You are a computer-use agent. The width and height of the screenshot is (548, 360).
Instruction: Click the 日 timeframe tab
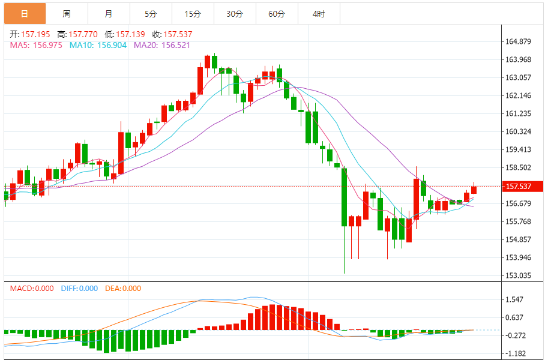click(x=24, y=13)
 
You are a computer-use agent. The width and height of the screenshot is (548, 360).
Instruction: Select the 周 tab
click(x=66, y=13)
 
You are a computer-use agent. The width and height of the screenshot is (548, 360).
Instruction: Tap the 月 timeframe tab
click(x=108, y=13)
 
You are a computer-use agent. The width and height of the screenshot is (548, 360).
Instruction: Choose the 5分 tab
click(x=150, y=13)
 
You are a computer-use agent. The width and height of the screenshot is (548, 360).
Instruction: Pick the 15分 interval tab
click(x=192, y=13)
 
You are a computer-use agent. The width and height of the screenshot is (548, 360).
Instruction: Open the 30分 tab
click(x=235, y=13)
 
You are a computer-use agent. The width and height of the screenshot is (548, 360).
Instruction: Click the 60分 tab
click(x=277, y=13)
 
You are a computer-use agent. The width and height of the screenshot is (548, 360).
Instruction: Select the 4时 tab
click(x=319, y=13)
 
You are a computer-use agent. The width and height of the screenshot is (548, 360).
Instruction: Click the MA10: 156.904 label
click(x=98, y=45)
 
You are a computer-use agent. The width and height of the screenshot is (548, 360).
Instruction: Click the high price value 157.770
click(x=80, y=34)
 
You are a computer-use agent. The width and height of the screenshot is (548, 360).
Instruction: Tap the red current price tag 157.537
click(x=520, y=187)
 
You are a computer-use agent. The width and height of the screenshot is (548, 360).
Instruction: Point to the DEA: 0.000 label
click(x=123, y=289)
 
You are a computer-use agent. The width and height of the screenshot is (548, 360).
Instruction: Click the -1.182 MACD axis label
click(x=516, y=353)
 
